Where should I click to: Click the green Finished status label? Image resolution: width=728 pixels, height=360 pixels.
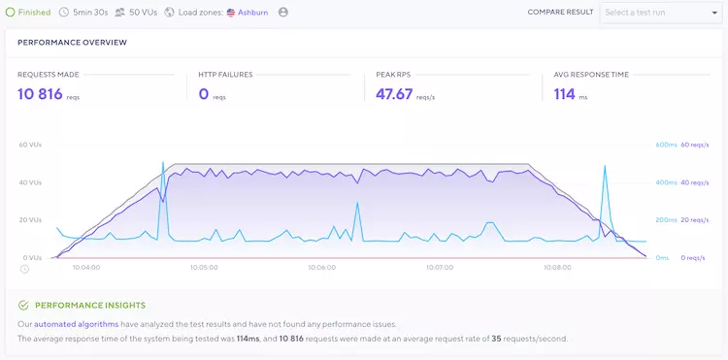(x=34, y=13)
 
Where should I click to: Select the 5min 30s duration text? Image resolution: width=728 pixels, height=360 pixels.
(x=90, y=13)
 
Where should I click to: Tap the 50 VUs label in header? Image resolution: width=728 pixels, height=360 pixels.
(x=142, y=13)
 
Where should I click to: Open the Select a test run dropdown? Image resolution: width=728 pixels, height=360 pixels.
(x=658, y=13)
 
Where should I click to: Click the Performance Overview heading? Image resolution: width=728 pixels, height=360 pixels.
(x=72, y=43)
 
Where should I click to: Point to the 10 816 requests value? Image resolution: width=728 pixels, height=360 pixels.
(x=40, y=93)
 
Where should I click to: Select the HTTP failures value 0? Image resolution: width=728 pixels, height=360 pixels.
(x=204, y=93)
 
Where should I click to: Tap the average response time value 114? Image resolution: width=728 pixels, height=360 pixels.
(x=564, y=93)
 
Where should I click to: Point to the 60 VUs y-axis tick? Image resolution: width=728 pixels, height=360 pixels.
(x=30, y=145)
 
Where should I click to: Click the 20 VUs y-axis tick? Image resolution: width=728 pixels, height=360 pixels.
(x=30, y=220)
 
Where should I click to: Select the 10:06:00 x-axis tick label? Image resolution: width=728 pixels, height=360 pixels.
(x=321, y=268)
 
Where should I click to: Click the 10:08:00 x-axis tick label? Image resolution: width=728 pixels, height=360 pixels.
(x=557, y=268)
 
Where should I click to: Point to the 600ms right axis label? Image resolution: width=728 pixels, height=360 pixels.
(x=664, y=145)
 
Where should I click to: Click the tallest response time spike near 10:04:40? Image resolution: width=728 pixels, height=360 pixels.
(x=163, y=163)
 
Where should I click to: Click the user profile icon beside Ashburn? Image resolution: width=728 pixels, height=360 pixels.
(x=283, y=13)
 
